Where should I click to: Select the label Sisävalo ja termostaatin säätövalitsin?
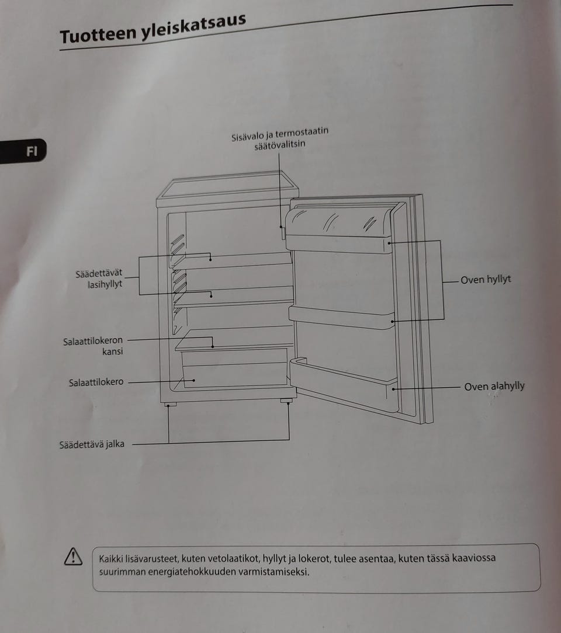click(x=279, y=138)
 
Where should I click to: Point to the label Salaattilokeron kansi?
click(x=93, y=346)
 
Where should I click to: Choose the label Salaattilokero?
click(x=96, y=382)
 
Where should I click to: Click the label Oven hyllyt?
click(x=486, y=280)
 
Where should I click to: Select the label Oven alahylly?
click(x=494, y=387)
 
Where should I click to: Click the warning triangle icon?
click(x=74, y=557)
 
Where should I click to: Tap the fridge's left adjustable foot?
click(x=171, y=404)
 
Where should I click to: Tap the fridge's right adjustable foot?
click(x=286, y=401)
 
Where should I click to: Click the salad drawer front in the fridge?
click(x=234, y=374)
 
